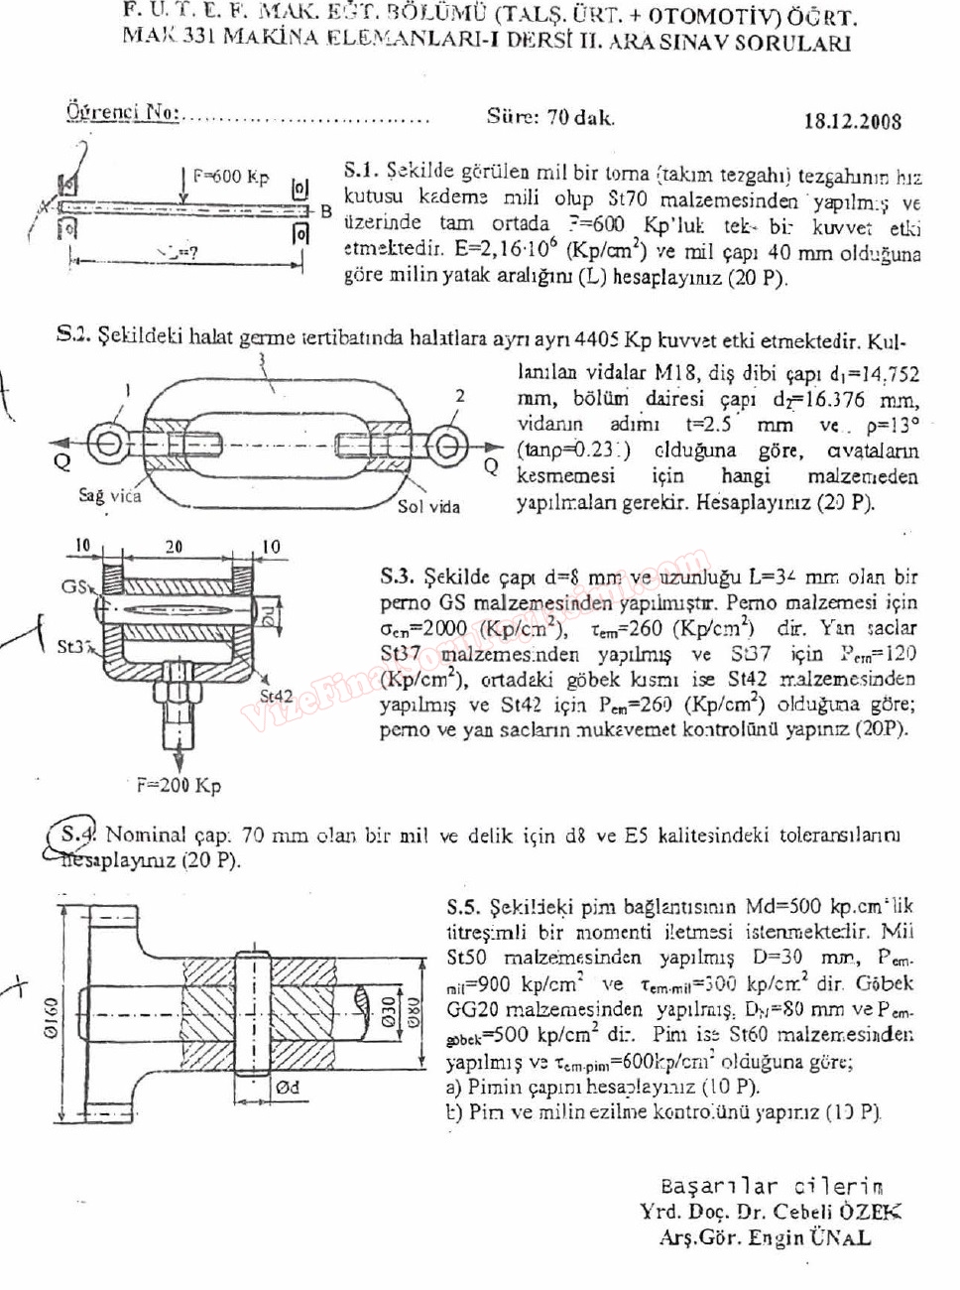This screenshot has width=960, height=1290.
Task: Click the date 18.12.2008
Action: (852, 121)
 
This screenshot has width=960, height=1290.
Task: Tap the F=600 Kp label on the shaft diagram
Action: (230, 177)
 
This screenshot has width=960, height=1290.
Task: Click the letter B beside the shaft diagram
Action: (324, 211)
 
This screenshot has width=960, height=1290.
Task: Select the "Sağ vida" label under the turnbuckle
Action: (110, 495)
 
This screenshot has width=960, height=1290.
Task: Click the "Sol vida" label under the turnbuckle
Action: (428, 506)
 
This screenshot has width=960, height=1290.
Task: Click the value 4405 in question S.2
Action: (598, 340)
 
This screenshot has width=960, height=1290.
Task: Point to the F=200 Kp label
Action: (179, 786)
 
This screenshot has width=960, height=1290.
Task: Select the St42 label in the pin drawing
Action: (277, 696)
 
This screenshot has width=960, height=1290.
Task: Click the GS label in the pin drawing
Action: (74, 585)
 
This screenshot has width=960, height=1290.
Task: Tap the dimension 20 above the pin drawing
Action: (174, 546)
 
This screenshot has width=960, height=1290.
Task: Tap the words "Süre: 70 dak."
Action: (550, 117)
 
